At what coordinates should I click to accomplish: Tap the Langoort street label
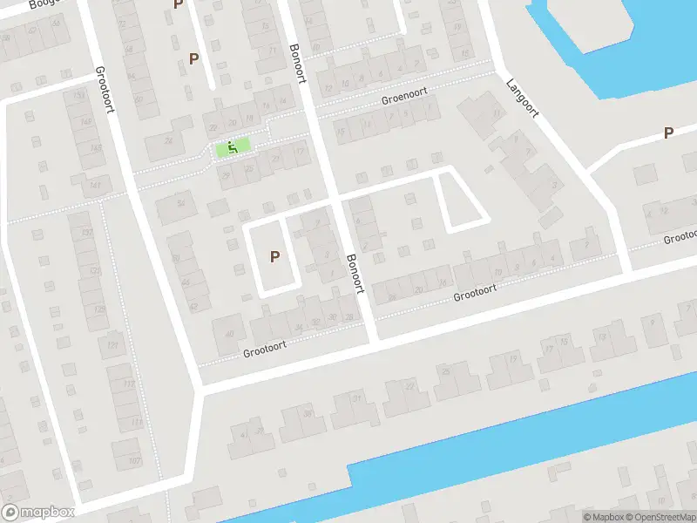(x=523, y=98)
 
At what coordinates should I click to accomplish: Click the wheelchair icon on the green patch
(x=233, y=147)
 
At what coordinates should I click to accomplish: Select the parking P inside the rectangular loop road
(x=274, y=256)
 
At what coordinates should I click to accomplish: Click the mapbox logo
(x=37, y=513)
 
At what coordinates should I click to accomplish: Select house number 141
(x=95, y=186)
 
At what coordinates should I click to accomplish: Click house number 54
(x=180, y=203)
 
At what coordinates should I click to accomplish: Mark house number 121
(x=111, y=346)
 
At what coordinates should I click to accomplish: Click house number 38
(x=308, y=412)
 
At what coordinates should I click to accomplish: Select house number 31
(x=356, y=398)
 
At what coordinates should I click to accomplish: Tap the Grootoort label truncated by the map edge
(x=680, y=236)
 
